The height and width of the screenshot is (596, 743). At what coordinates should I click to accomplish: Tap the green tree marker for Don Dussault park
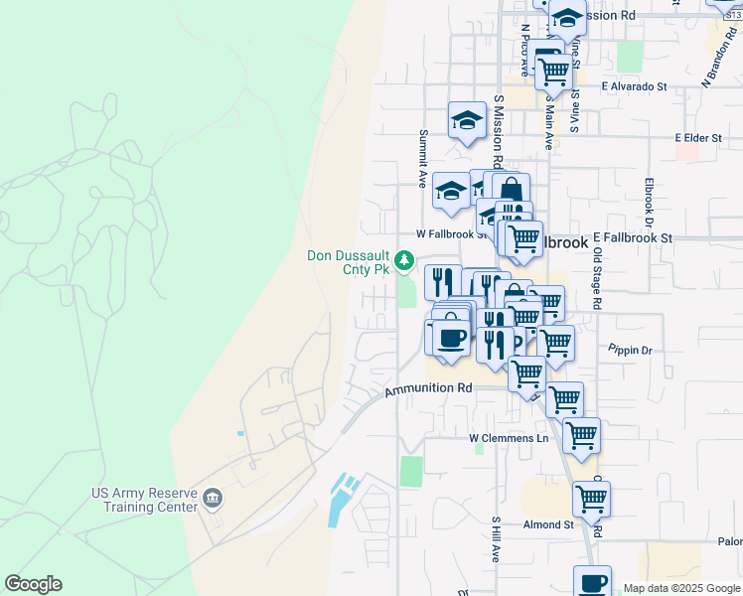click(x=404, y=260)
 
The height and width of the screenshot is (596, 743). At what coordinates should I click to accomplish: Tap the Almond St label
click(x=549, y=524)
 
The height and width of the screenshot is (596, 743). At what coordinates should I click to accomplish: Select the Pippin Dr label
click(x=632, y=351)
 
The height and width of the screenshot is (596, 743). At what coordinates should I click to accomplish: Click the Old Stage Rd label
click(x=597, y=277)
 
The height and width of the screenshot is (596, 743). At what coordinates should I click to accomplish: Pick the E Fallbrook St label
click(x=633, y=238)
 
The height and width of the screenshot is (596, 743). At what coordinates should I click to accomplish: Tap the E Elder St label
click(x=697, y=138)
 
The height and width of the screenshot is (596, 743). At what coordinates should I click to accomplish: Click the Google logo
click(x=33, y=584)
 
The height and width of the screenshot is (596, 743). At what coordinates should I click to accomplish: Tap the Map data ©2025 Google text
click(x=681, y=588)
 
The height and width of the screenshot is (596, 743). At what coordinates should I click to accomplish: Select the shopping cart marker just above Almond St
click(x=591, y=500)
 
